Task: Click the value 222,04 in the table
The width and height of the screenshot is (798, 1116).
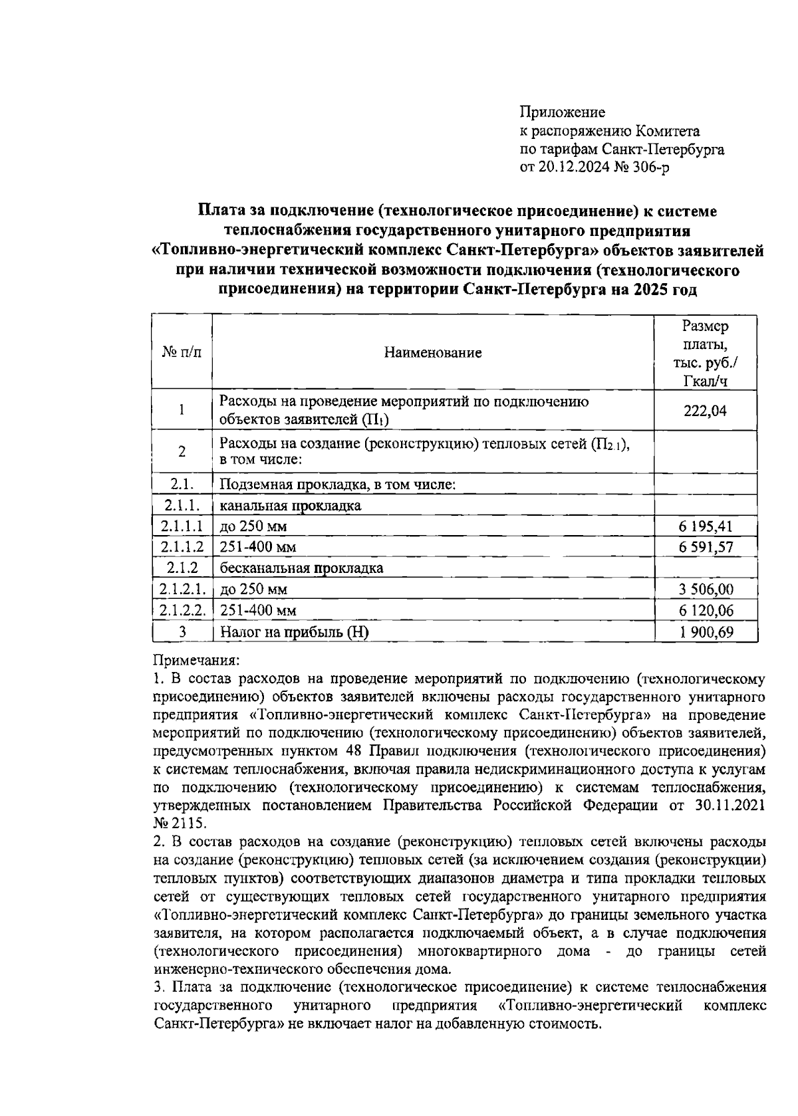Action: (x=705, y=411)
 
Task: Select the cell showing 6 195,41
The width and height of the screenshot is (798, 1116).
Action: (x=706, y=527)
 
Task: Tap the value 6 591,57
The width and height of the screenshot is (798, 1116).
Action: (x=706, y=548)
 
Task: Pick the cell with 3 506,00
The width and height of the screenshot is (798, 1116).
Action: (x=706, y=590)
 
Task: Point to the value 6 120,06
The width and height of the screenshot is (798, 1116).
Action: (x=706, y=611)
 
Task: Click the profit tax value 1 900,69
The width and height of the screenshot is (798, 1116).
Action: (x=706, y=632)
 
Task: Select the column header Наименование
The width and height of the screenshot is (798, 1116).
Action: (x=433, y=353)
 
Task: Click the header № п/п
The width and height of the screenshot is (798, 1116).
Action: (x=182, y=353)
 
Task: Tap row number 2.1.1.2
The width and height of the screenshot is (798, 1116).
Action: (x=182, y=548)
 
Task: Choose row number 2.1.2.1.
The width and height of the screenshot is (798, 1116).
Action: (x=182, y=590)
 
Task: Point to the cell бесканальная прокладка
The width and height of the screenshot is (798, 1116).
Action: (x=301, y=568)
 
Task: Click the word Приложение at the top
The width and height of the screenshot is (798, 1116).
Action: (x=562, y=112)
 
